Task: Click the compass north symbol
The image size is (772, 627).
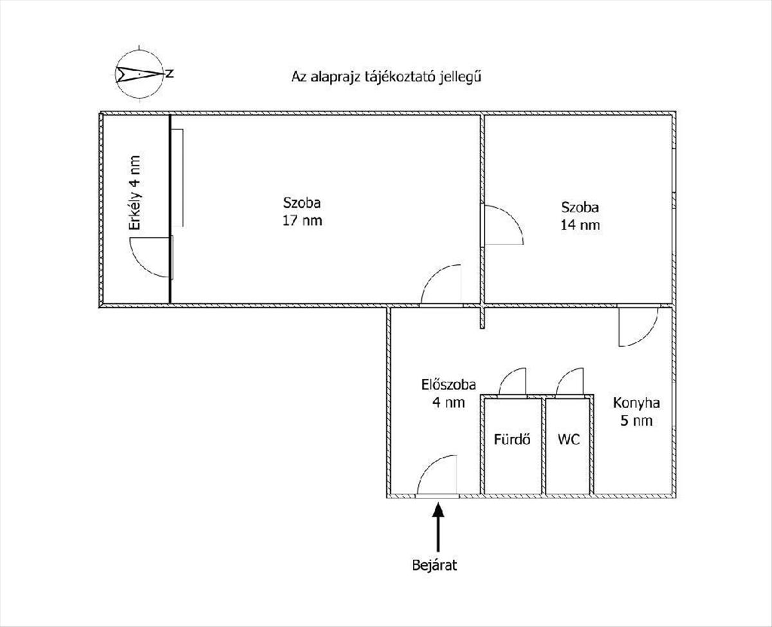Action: click(x=139, y=74)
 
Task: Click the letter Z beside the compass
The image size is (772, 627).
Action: click(x=170, y=73)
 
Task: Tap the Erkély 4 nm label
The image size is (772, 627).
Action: click(x=134, y=193)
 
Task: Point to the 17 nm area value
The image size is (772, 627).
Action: click(x=302, y=220)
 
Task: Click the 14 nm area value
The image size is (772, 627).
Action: click(x=580, y=225)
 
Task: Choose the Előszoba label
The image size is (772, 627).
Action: click(x=448, y=385)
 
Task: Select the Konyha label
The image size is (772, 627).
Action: click(x=636, y=403)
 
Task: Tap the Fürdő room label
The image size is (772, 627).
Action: click(x=512, y=439)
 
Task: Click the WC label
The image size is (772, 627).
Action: click(x=569, y=440)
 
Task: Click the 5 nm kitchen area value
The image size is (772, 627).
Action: click(x=636, y=421)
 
